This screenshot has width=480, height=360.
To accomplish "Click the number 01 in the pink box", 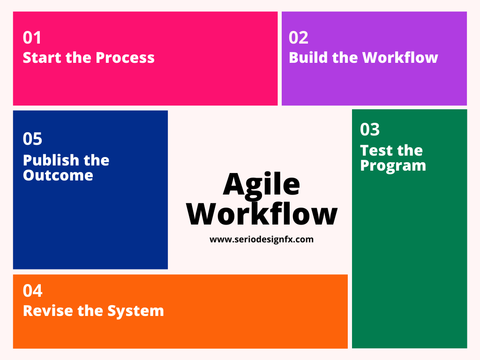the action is (x=32, y=37).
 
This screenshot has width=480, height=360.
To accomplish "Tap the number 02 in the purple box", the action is (x=299, y=37).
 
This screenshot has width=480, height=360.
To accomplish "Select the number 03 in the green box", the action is (x=370, y=129).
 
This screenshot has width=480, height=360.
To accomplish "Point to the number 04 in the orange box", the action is (x=32, y=291).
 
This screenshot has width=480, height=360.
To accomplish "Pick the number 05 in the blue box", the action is (x=32, y=139).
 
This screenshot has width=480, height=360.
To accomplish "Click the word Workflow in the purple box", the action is (x=400, y=58).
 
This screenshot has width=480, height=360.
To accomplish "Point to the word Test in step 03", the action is (x=376, y=150).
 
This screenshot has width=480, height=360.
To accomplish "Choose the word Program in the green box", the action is (x=393, y=166).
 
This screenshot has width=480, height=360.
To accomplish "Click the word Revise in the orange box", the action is (x=48, y=311).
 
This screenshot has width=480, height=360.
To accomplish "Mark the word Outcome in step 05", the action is (x=58, y=175).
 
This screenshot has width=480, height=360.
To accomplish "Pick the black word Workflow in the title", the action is (x=262, y=214).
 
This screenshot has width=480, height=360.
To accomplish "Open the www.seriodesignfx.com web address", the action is (x=262, y=240).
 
